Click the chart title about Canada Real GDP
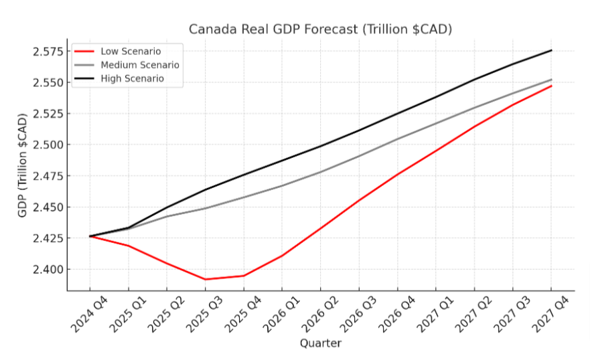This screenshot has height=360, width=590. [x=321, y=29]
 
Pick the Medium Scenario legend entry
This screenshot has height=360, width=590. [x=139, y=65]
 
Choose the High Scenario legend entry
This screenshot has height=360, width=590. [x=132, y=79]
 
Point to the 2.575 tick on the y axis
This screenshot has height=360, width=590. [x=46, y=52]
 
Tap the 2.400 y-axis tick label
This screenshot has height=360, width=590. [x=46, y=269]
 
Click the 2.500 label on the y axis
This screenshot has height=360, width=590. [x=46, y=145]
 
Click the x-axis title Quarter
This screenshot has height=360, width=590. [x=320, y=344]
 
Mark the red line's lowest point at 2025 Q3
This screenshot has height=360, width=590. [x=206, y=279]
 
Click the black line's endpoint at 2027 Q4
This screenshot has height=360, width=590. [x=551, y=50]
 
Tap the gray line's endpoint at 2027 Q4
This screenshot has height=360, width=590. [x=551, y=80]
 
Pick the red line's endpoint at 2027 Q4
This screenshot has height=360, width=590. [x=551, y=86]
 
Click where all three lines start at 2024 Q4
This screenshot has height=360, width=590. [x=90, y=236]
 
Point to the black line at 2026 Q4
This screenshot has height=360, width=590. [x=398, y=113]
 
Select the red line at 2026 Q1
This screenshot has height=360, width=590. [x=282, y=256]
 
